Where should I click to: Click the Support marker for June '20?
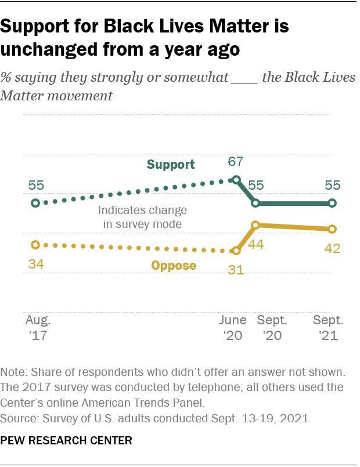click(x=236, y=180)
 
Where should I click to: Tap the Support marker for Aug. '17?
click(x=35, y=203)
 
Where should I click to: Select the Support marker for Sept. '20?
click(x=255, y=203)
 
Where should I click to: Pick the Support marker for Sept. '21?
click(x=332, y=203)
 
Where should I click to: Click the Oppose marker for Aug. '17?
click(x=35, y=245)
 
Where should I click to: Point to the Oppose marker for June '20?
click(x=236, y=251)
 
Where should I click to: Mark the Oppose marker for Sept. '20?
click(x=255, y=225)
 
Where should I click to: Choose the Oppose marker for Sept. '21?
click(x=332, y=229)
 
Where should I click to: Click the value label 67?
click(x=235, y=162)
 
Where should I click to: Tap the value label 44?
click(x=256, y=244)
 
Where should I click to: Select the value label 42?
click(x=332, y=248)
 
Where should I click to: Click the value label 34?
click(x=35, y=265)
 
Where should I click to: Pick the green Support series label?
click(x=171, y=165)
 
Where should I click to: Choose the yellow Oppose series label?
click(x=174, y=266)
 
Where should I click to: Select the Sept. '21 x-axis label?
click(x=328, y=328)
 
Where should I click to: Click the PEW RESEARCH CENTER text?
click(x=66, y=441)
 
